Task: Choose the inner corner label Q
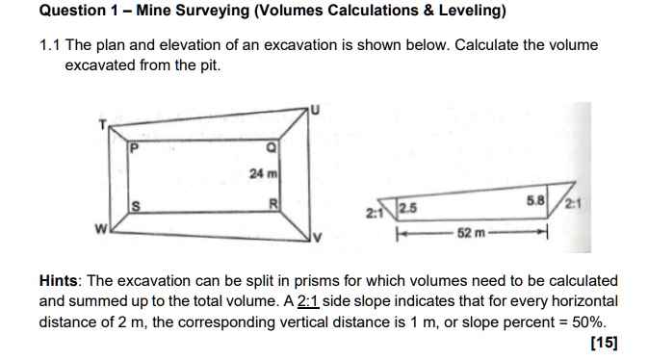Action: click(272, 147)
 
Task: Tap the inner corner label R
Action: click(273, 204)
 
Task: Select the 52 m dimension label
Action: click(468, 233)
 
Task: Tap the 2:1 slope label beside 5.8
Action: click(574, 203)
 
